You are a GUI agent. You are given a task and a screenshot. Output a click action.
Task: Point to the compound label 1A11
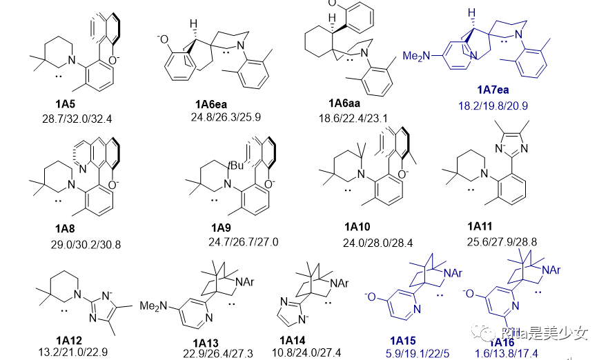(483, 226)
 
